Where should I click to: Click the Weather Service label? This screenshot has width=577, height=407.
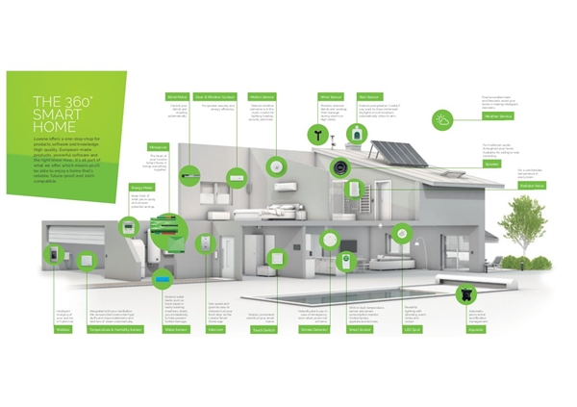click(497, 116)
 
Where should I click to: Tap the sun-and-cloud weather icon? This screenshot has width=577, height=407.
click(468, 119)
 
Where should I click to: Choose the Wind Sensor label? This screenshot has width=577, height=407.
click(331, 97)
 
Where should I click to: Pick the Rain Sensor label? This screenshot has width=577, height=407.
click(369, 97)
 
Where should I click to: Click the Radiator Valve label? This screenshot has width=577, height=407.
click(497, 186)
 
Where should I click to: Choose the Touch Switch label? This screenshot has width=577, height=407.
click(263, 329)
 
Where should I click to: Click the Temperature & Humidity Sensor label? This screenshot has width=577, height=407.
click(115, 329)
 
